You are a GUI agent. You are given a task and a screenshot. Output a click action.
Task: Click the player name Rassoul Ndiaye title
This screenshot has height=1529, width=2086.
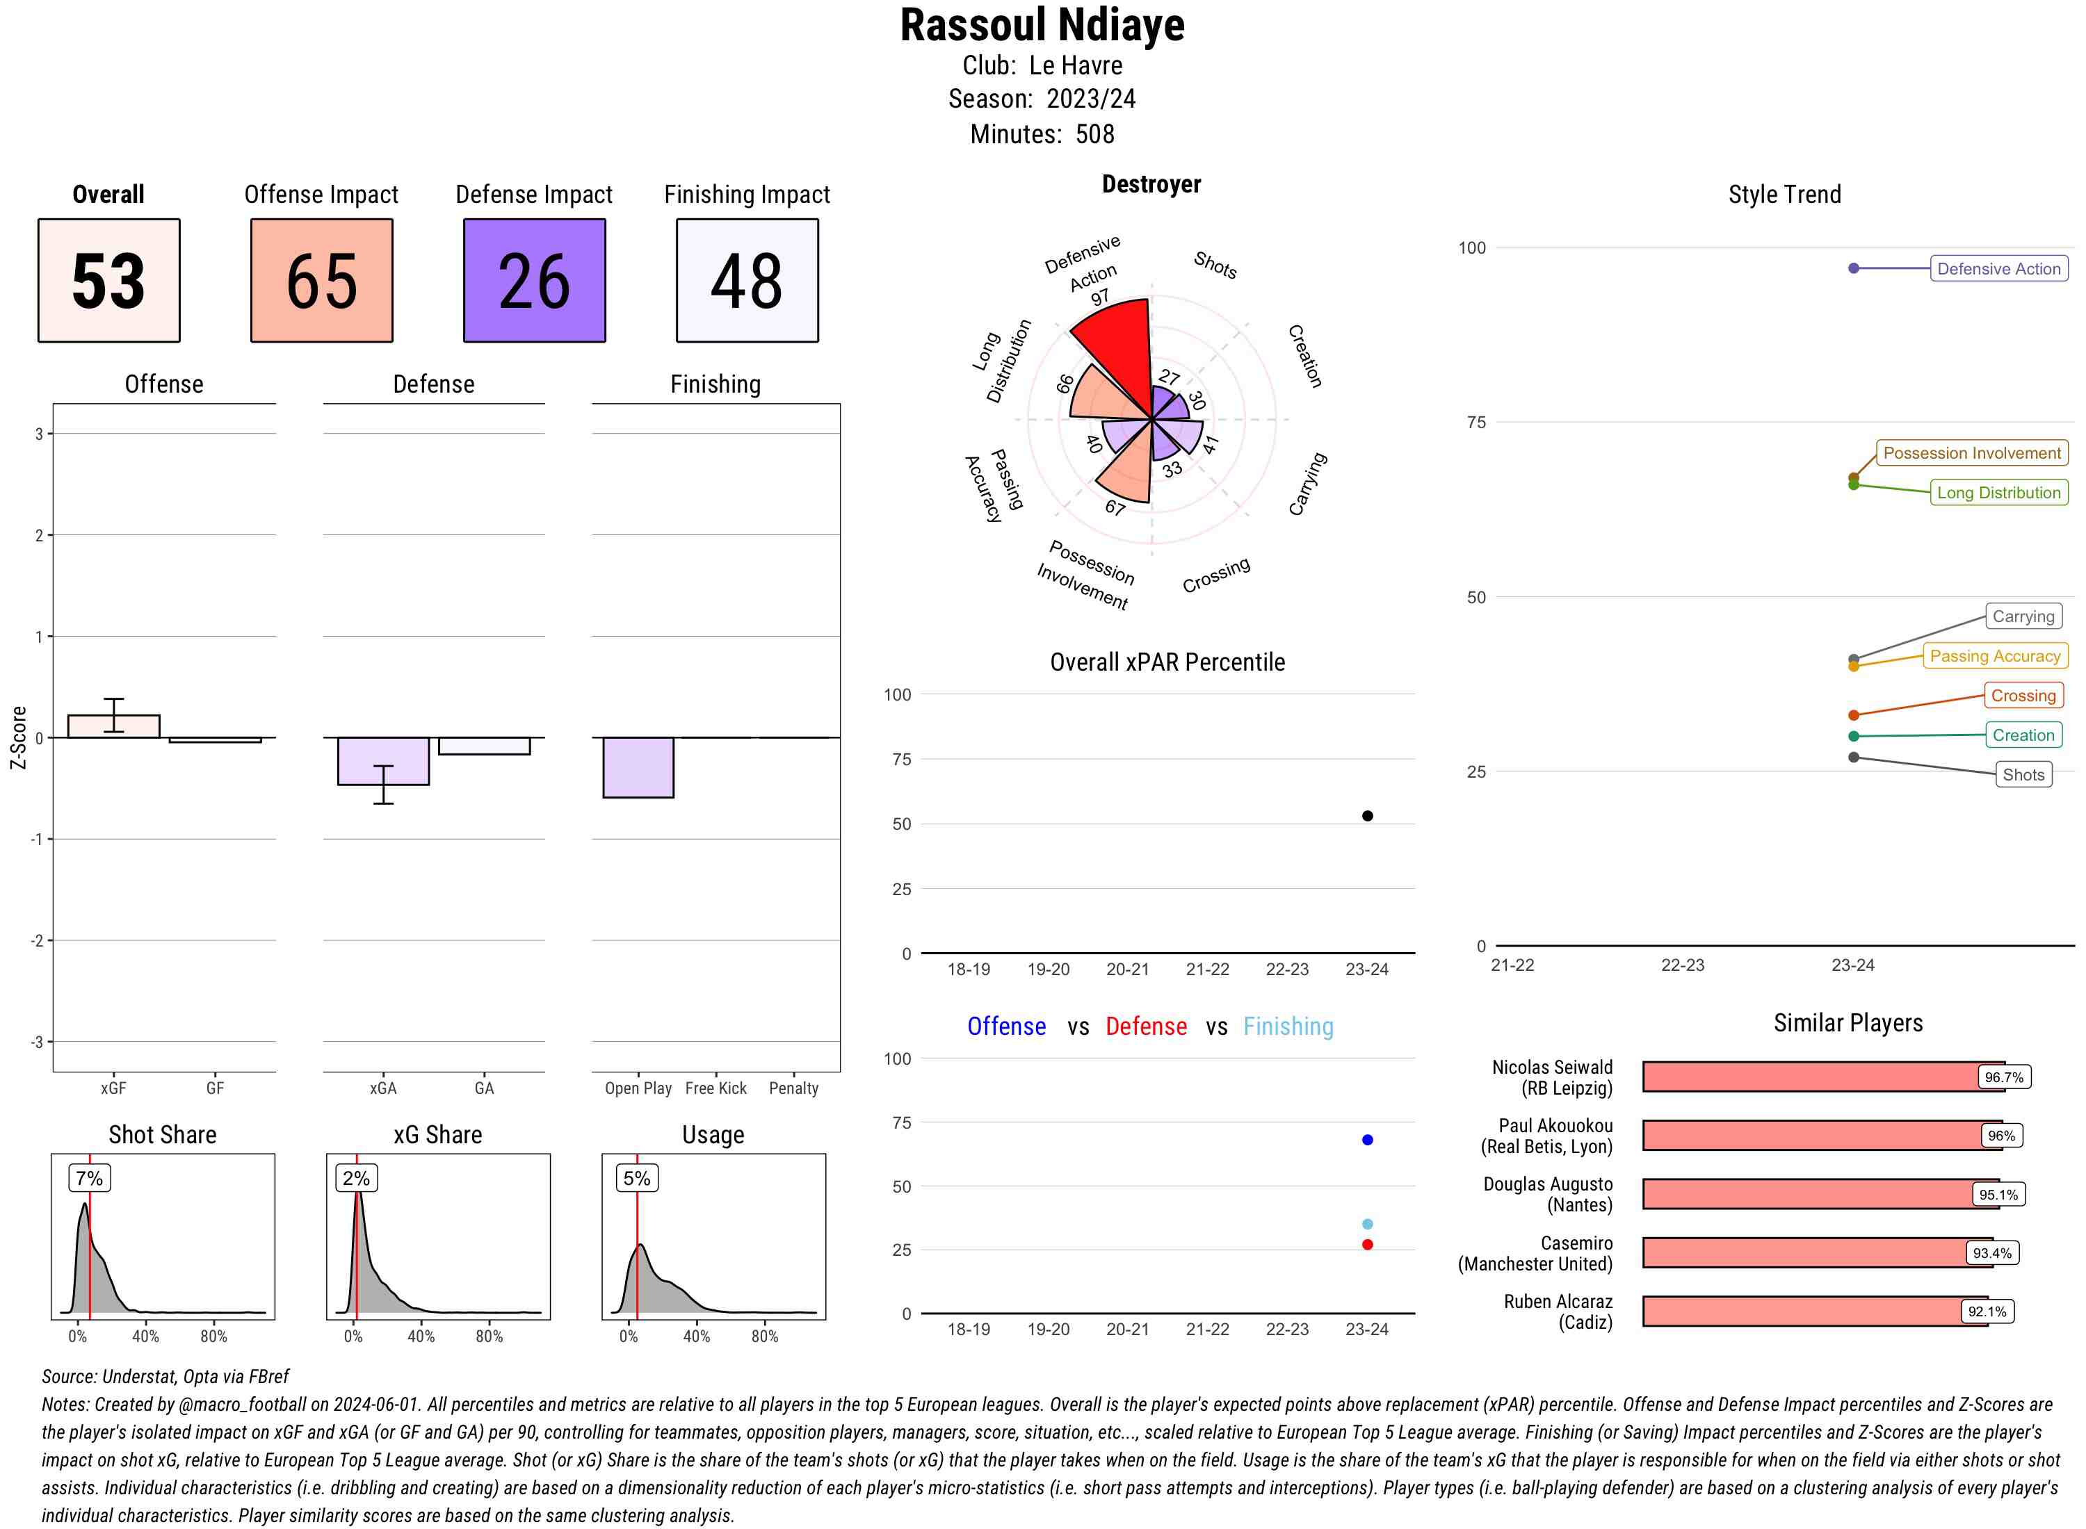pyautogui.click(x=1042, y=26)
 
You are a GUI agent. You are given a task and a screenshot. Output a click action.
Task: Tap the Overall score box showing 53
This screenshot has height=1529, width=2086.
pyautogui.click(x=108, y=281)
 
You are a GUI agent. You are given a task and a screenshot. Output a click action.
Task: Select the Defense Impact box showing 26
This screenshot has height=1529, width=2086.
pyautogui.click(x=534, y=281)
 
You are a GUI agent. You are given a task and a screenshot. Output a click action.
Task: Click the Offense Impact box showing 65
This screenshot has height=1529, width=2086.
pyautogui.click(x=321, y=281)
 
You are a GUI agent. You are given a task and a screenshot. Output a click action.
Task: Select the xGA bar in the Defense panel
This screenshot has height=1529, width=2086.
pyautogui.click(x=382, y=761)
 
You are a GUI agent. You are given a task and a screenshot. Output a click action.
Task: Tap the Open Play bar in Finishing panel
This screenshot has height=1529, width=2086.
pyautogui.click(x=638, y=767)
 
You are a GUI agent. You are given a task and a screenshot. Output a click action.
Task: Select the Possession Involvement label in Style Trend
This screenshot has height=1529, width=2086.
pyautogui.click(x=1971, y=452)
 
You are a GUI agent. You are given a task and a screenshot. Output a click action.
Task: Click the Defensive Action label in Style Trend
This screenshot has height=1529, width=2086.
pyautogui.click(x=1998, y=268)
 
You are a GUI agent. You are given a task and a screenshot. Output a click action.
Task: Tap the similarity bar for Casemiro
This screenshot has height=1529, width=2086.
pyautogui.click(x=1806, y=1252)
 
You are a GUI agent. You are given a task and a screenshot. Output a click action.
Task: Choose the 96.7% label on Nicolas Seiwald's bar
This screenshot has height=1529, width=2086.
pyautogui.click(x=2003, y=1077)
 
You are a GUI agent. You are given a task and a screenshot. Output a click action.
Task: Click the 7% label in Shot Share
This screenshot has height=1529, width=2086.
pyautogui.click(x=89, y=1178)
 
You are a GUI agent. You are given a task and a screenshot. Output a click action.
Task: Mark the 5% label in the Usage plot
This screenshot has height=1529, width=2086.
pyautogui.click(x=636, y=1178)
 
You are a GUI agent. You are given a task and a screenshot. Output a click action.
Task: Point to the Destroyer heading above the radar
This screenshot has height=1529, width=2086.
pyautogui.click(x=1151, y=184)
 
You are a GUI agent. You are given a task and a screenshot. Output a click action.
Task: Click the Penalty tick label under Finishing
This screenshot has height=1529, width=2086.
pyautogui.click(x=793, y=1088)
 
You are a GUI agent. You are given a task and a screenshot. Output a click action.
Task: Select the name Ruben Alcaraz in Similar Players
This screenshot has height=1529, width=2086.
pyautogui.click(x=1558, y=1301)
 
